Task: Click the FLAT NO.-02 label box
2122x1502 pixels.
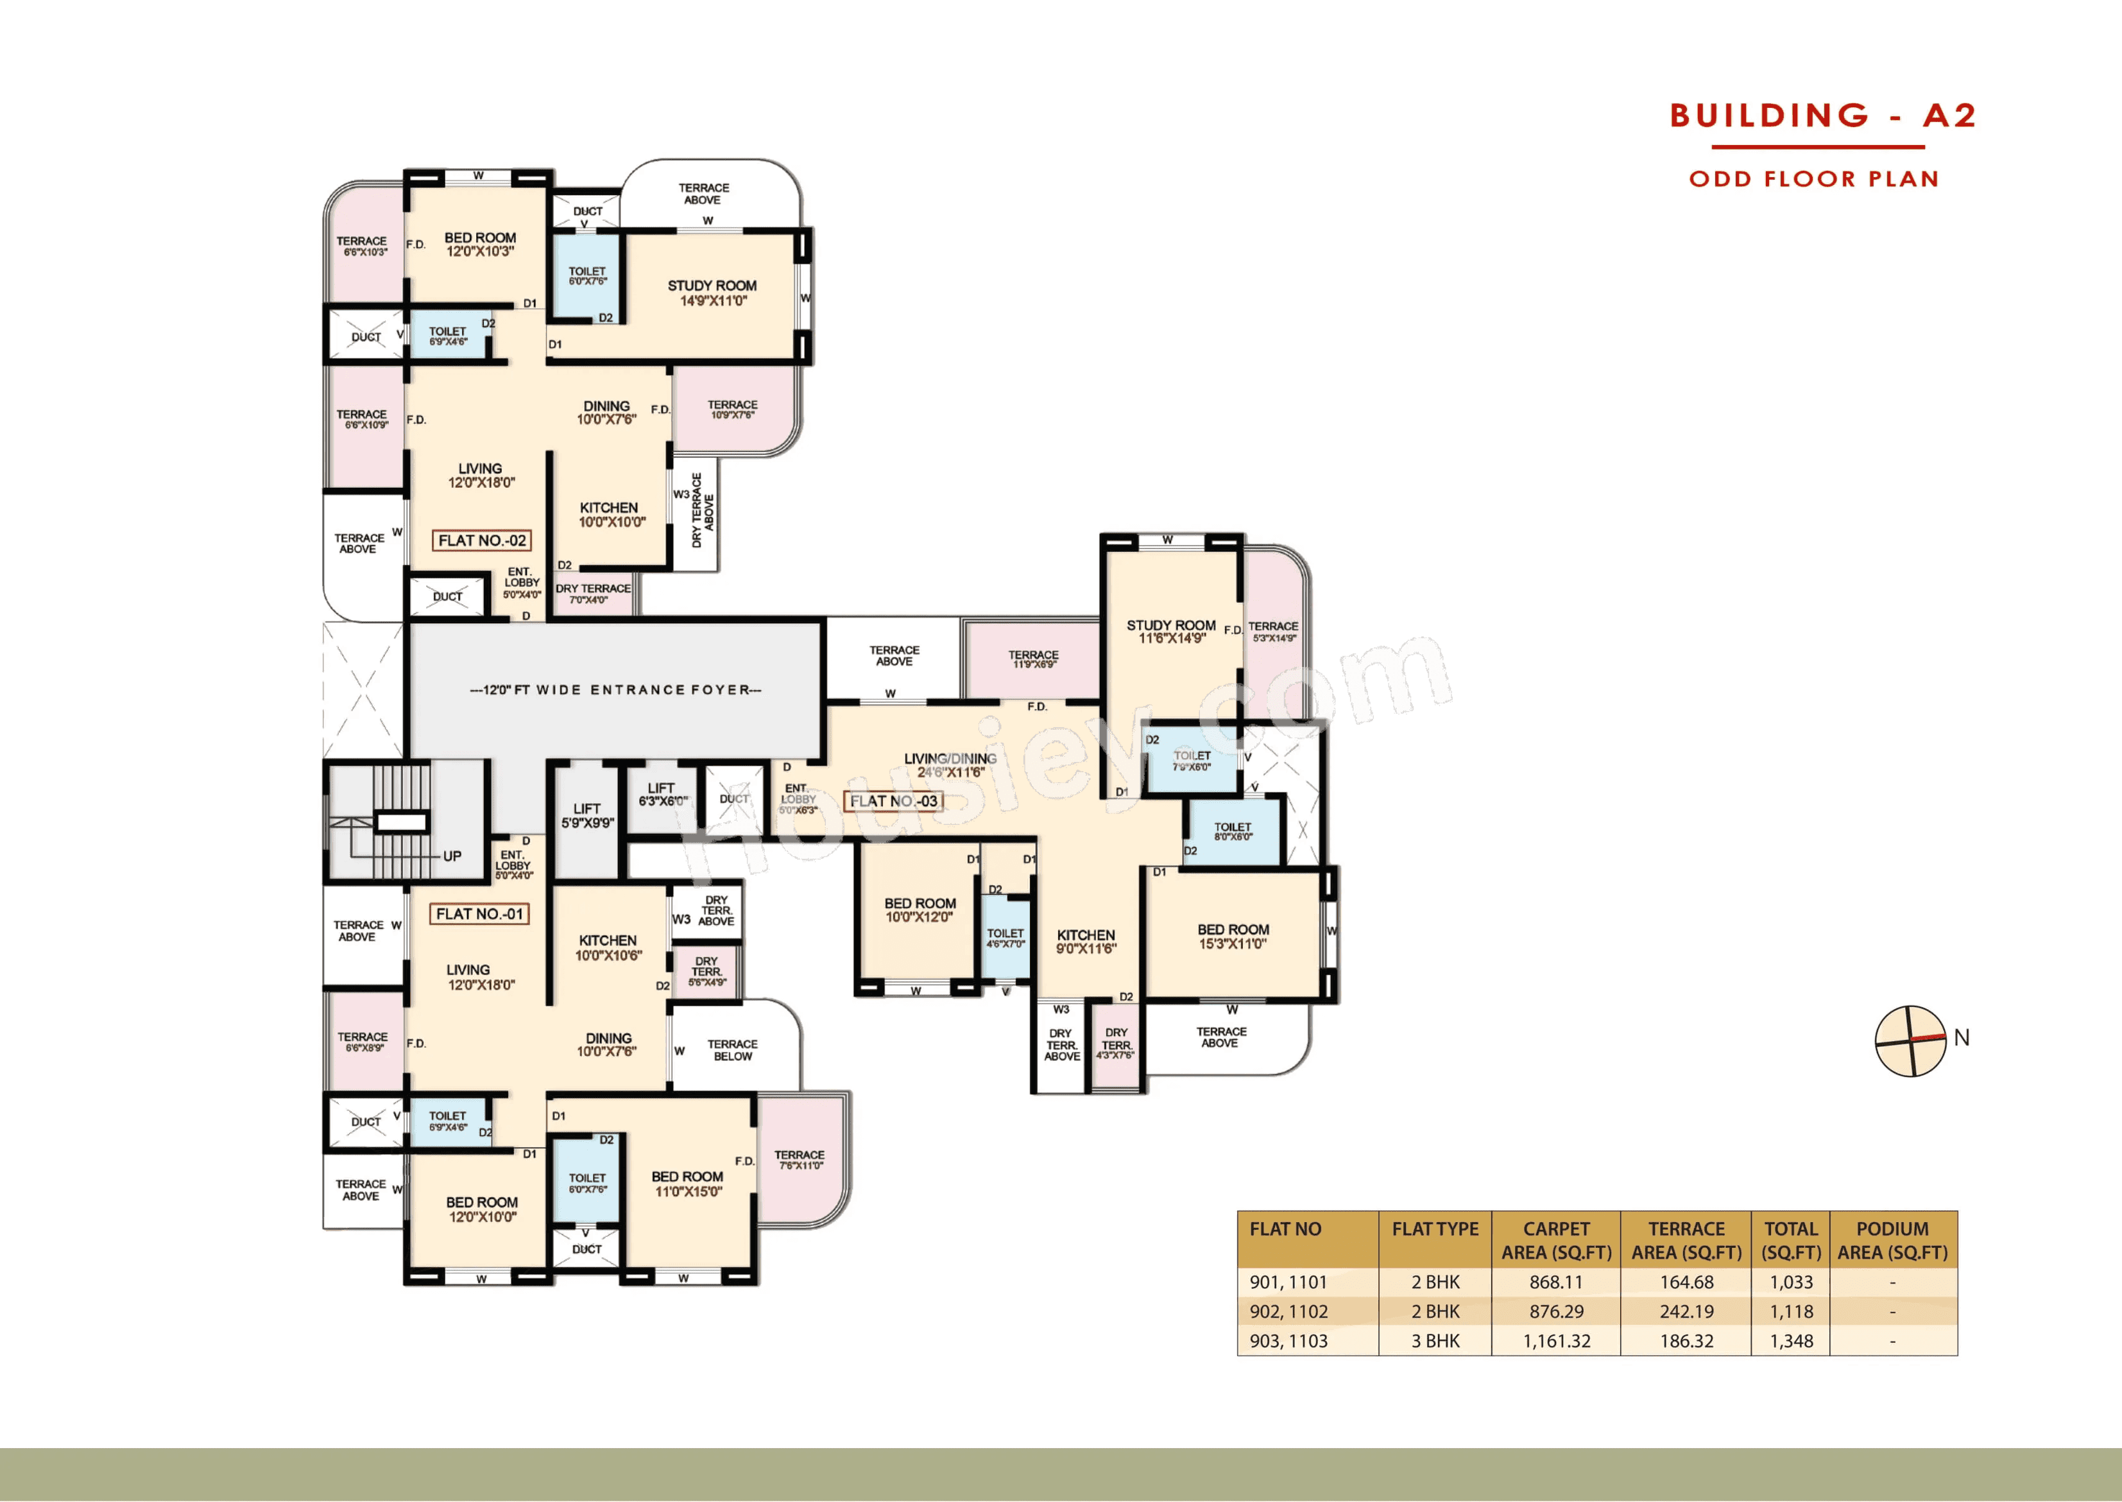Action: coord(482,540)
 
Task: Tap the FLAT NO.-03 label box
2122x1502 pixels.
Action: coord(893,801)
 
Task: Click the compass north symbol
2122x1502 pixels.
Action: coord(1910,1040)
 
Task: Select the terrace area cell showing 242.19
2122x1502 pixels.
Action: coord(1686,1311)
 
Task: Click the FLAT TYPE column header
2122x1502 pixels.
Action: coord(1435,1229)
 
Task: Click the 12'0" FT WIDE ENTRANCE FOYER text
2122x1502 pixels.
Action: coord(616,690)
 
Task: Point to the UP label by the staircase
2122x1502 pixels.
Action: coord(452,856)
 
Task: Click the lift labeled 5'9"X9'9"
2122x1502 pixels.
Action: coord(587,816)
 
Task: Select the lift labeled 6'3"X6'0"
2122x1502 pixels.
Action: coord(662,795)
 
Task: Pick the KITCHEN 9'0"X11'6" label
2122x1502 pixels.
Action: coord(1086,942)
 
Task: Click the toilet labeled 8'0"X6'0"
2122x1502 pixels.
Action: coord(1233,831)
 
